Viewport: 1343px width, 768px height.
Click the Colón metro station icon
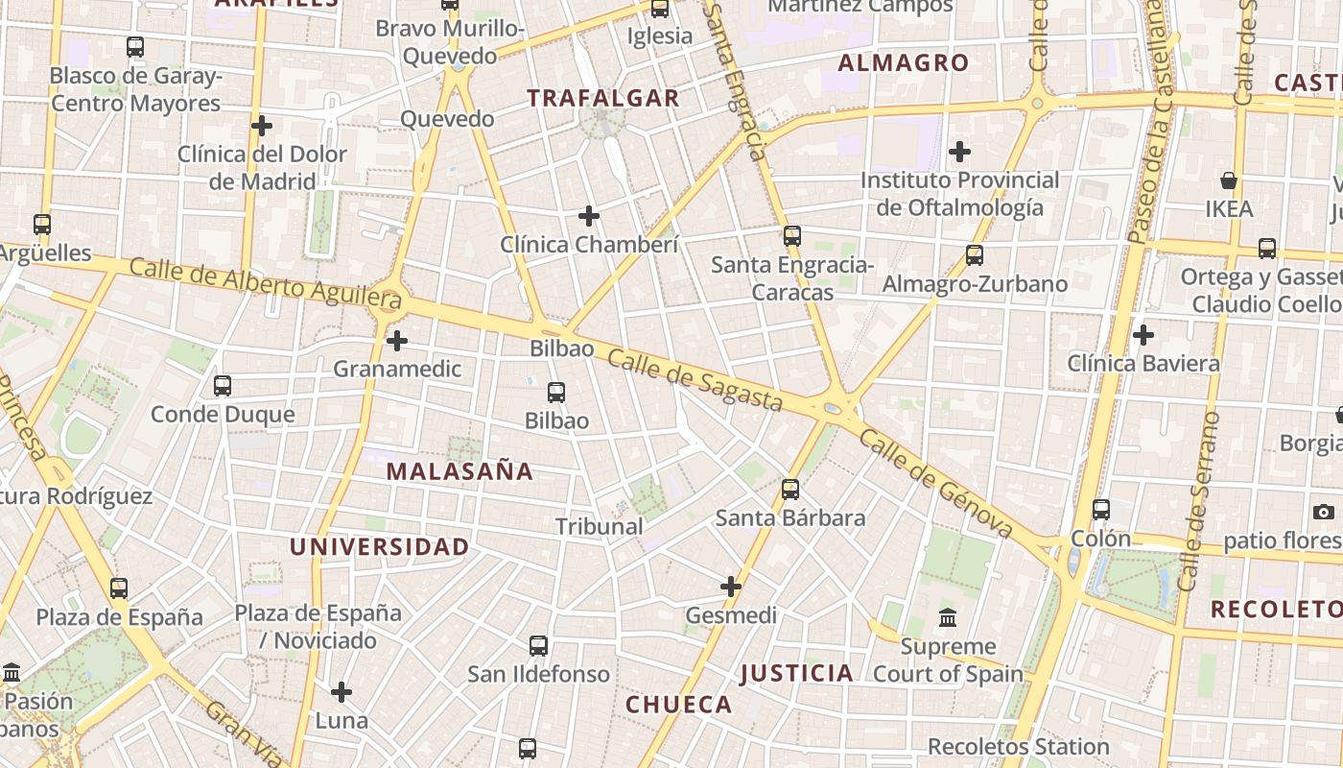(1101, 510)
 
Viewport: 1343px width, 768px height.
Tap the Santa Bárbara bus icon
(790, 490)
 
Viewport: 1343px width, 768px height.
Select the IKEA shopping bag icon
(1228, 180)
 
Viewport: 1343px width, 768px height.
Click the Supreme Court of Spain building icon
(948, 617)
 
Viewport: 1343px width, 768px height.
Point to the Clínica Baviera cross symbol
(1143, 335)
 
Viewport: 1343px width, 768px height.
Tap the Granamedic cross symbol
(397, 340)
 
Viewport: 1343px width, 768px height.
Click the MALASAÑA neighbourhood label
(459, 471)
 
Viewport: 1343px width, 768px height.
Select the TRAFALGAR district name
(603, 98)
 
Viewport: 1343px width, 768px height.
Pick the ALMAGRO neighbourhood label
(904, 63)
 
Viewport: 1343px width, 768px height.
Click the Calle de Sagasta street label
(695, 379)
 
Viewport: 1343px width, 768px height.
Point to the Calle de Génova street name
(936, 484)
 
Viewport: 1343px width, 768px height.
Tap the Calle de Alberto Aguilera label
(265, 284)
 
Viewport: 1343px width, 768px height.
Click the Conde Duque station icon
(223, 386)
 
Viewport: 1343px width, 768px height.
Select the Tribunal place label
(600, 526)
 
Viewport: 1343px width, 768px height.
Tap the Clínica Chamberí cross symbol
(589, 216)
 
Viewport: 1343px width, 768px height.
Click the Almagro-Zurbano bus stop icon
(975, 255)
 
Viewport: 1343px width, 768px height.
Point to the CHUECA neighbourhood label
(679, 705)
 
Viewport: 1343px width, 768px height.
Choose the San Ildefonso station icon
(538, 646)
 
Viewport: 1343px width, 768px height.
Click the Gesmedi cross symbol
(731, 586)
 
